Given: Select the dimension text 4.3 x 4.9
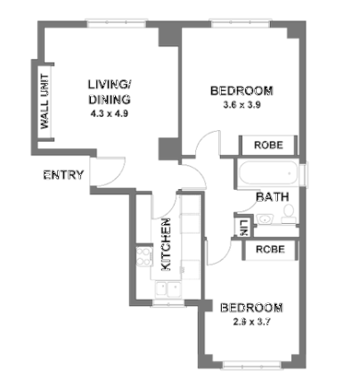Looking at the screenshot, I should tap(110, 114).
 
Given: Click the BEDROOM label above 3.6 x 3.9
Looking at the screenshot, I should tap(241, 91).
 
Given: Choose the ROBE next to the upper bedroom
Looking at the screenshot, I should tap(268, 144).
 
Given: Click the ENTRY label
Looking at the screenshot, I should tap(64, 175).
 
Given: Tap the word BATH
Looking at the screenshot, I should tap(271, 196).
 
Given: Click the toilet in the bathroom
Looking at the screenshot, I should tap(288, 213).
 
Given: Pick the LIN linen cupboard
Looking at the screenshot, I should tap(242, 227).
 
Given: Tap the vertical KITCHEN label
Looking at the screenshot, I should tap(166, 244).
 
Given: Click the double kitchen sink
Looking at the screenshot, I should tap(166, 288).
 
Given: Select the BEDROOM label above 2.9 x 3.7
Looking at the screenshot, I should tap(252, 308).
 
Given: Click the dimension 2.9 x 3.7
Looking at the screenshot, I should tap(252, 323).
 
